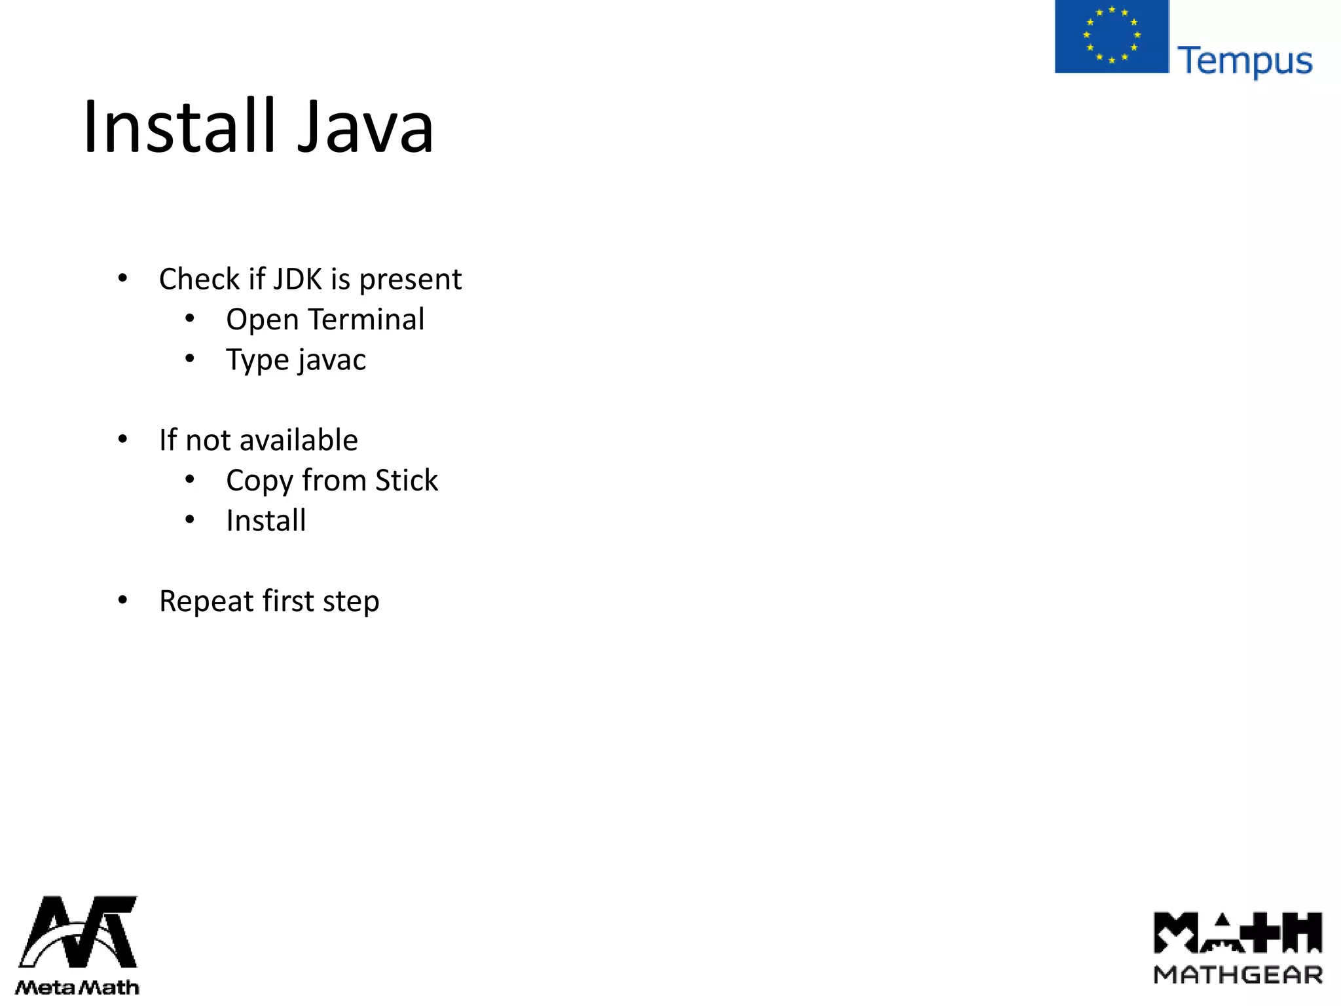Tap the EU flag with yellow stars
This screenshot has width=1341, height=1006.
click(x=1111, y=36)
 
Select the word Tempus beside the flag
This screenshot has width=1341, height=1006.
click(x=1244, y=62)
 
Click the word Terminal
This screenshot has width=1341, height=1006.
click(x=367, y=320)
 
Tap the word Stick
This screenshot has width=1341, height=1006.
click(x=406, y=481)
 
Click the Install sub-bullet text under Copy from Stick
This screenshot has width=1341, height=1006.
click(x=266, y=521)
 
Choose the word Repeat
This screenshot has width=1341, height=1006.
click(x=207, y=602)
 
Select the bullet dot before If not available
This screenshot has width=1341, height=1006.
click(x=122, y=440)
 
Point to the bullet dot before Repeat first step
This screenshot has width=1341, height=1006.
click(x=122, y=601)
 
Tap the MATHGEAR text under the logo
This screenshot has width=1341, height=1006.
click(x=1238, y=975)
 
